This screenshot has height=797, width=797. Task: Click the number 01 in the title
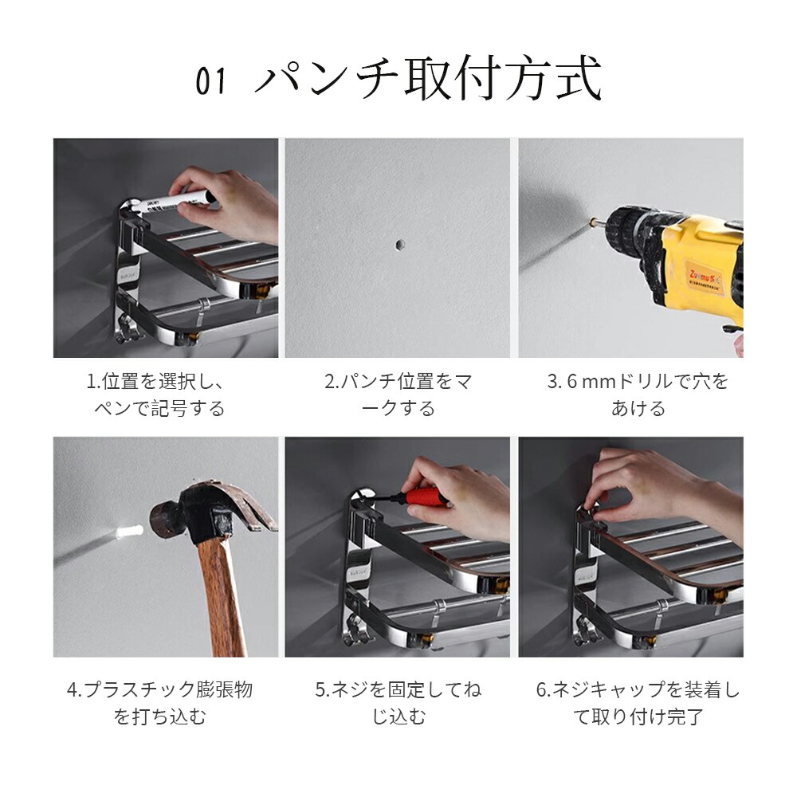click(x=210, y=81)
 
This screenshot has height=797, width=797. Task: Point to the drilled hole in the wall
click(x=399, y=245)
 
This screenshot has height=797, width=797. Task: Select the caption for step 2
click(x=398, y=395)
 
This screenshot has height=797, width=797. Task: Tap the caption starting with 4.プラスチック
click(x=159, y=703)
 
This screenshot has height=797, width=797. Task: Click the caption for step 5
click(x=398, y=703)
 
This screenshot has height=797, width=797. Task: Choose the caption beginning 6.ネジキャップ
click(x=638, y=703)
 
